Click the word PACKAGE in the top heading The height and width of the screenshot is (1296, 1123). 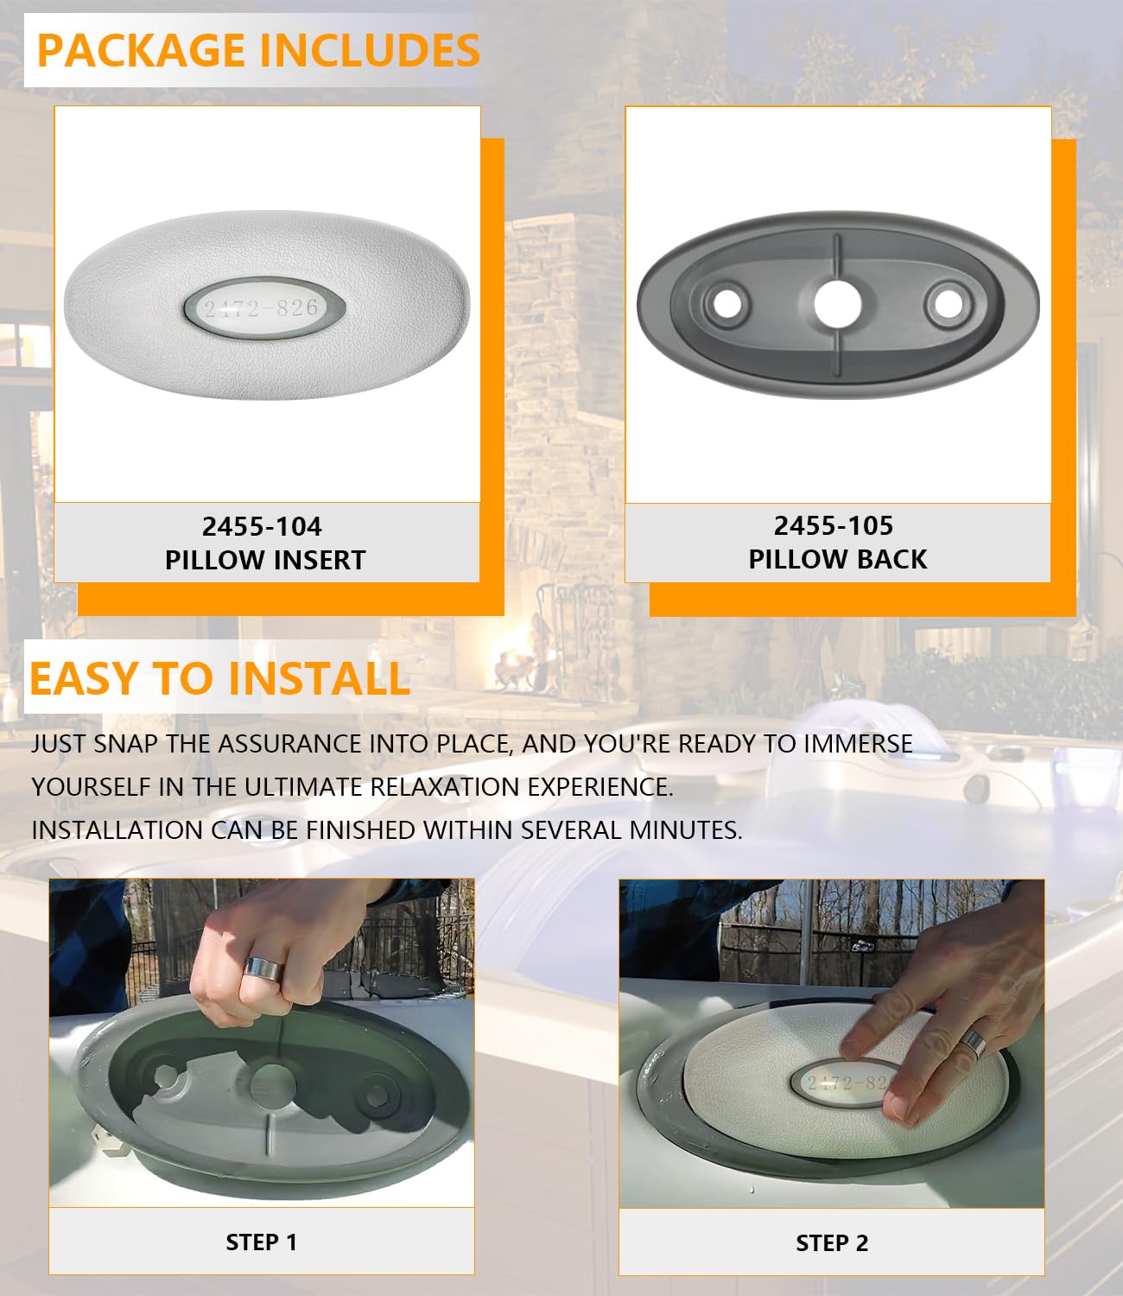tap(141, 50)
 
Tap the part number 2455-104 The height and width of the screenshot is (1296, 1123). tap(262, 527)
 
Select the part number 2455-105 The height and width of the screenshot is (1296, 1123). tap(834, 526)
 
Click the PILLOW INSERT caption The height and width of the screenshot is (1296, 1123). tap(265, 560)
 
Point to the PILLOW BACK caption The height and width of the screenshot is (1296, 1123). tap(838, 559)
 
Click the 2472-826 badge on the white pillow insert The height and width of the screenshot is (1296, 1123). tap(264, 308)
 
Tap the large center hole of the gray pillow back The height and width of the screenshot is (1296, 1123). tap(838, 304)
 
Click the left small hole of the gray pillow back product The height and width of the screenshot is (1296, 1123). tap(727, 304)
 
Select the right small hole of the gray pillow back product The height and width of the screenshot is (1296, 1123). tap(949, 305)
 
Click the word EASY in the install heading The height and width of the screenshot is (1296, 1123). tap(84, 679)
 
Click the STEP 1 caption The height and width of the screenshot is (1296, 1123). tap(262, 1242)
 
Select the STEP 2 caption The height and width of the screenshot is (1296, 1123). tap(832, 1242)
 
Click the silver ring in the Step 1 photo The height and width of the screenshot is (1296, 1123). tap(263, 970)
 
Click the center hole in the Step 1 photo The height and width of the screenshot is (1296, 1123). tap(273, 1087)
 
